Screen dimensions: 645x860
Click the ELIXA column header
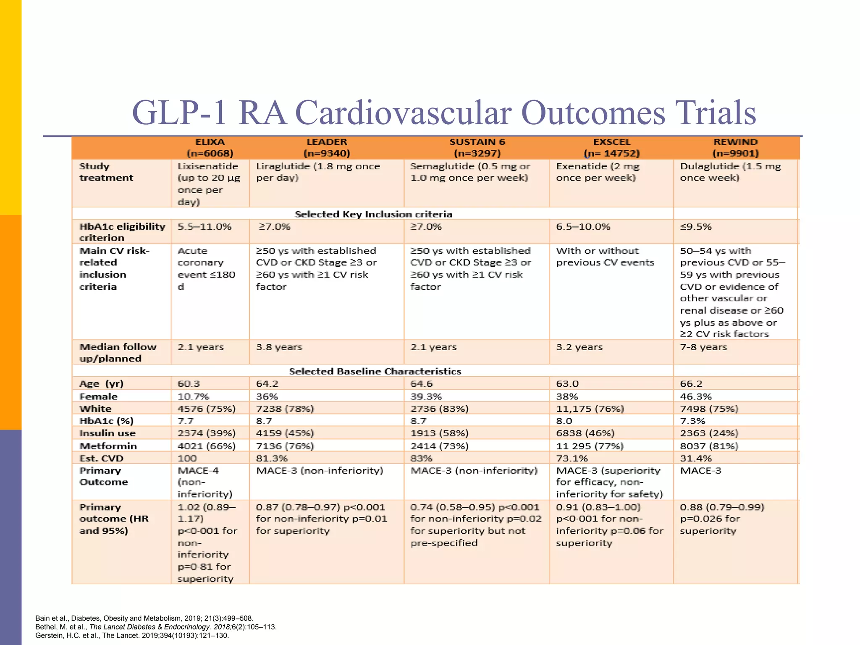click(x=210, y=147)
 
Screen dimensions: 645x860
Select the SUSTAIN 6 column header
click(x=477, y=147)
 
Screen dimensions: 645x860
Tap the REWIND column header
click(x=735, y=147)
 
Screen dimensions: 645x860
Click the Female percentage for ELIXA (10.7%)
click(x=193, y=396)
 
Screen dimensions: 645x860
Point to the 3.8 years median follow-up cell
click(x=279, y=347)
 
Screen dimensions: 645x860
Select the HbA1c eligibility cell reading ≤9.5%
click(x=696, y=227)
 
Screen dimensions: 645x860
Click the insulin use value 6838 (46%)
click(x=585, y=433)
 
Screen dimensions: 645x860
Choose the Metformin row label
click(x=108, y=446)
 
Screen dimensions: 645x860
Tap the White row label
click(x=96, y=409)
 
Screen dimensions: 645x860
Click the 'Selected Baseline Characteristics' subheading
click(x=375, y=371)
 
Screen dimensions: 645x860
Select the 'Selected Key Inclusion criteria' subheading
click(x=373, y=214)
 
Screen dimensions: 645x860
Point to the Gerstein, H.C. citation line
click(x=132, y=635)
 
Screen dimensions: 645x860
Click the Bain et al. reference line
click(x=144, y=618)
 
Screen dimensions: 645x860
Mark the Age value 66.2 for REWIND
click(x=691, y=384)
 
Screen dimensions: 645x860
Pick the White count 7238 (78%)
click(x=285, y=409)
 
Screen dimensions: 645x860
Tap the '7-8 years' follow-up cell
click(x=703, y=347)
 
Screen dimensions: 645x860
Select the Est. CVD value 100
click(x=187, y=458)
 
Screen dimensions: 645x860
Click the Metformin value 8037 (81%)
click(x=709, y=446)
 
